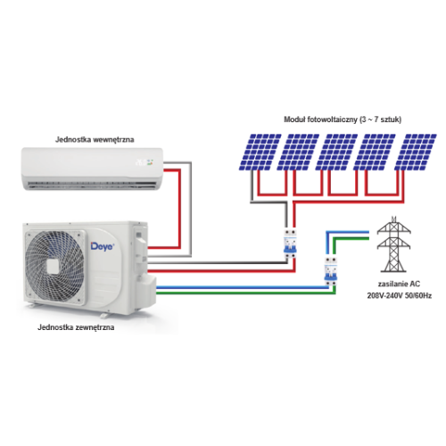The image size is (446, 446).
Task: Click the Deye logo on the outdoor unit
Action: tap(103, 246)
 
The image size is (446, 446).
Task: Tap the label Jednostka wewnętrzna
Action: tap(95, 139)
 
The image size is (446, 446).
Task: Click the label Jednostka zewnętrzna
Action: tap(76, 327)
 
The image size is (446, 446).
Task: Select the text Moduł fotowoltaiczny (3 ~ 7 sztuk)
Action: tap(343, 120)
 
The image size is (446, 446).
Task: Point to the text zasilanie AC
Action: tap(399, 284)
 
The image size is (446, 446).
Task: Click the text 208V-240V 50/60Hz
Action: tap(400, 295)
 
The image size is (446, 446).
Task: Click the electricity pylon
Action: tap(393, 244)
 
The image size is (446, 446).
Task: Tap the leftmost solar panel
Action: tap(260, 153)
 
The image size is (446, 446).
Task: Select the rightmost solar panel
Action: tap(416, 153)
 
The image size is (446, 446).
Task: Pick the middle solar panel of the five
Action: tap(336, 153)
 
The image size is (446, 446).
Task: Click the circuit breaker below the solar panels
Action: tap(290, 244)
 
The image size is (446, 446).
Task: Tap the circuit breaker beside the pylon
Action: tap(331, 271)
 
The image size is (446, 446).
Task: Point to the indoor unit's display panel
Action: tap(145, 162)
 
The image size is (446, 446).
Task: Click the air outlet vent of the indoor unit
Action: tap(92, 186)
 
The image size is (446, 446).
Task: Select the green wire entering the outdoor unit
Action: tap(246, 293)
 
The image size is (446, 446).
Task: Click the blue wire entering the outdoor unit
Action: tap(242, 287)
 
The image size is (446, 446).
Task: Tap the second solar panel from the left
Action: tap(298, 153)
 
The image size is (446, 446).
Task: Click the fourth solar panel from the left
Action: tap(375, 153)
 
